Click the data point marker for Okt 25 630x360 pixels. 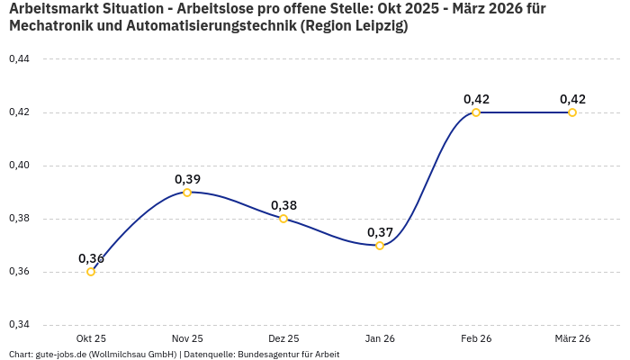click(91, 272)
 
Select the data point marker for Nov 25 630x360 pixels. click(187, 193)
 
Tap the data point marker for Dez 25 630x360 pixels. click(283, 219)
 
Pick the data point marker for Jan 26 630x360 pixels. click(380, 246)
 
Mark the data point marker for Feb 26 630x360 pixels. click(476, 112)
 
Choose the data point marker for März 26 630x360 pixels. click(572, 112)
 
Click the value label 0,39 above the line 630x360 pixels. click(187, 179)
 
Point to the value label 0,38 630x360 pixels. click(283, 205)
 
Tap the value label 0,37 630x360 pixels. click(380, 232)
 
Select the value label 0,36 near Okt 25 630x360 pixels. click(91, 258)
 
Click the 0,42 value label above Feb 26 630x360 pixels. click(476, 99)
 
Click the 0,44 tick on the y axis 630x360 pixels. click(19, 59)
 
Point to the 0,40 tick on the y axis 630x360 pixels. click(19, 166)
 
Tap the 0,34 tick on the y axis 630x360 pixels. click(19, 325)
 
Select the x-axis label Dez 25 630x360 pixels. click(283, 338)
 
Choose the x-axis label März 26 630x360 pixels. click(572, 338)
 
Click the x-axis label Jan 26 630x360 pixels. click(380, 338)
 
